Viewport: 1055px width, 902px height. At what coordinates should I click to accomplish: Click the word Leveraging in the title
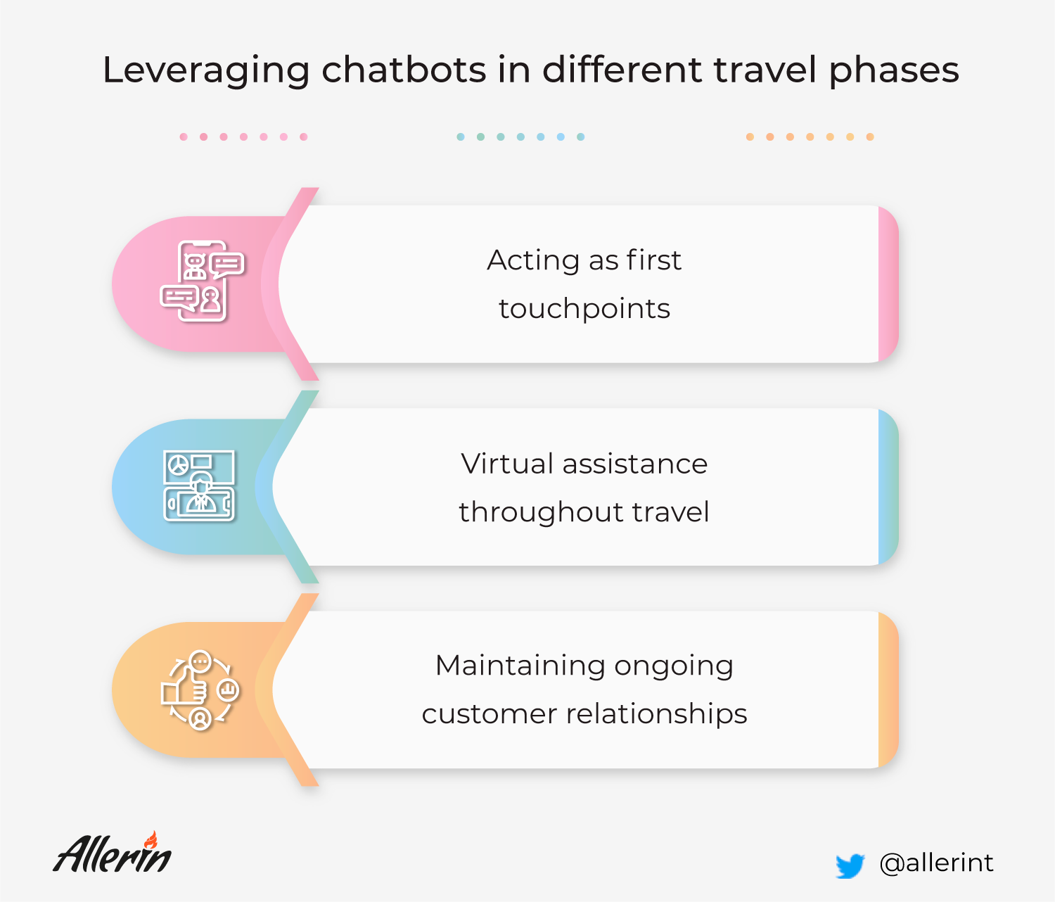206,71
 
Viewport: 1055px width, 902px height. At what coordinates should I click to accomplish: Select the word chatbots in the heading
404,70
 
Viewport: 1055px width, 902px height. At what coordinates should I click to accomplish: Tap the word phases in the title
894,71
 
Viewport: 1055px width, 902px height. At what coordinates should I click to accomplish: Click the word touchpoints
584,309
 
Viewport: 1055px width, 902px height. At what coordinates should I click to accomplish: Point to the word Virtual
507,464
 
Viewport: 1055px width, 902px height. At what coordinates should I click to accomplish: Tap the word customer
490,714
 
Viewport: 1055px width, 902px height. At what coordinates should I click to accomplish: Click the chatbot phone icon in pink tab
202,281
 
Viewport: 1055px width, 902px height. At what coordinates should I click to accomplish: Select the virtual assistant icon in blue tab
199,486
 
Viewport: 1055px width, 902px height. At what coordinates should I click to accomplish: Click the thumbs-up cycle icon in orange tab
200,690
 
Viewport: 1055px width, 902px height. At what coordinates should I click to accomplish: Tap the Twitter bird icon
850,865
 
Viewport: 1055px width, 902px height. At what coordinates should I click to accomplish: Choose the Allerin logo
113,853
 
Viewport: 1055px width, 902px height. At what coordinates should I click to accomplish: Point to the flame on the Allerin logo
151,839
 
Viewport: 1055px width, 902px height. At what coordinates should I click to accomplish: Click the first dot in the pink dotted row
184,136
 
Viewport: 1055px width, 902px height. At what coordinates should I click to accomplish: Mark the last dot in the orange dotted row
870,136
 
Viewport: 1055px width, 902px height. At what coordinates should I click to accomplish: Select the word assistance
635,464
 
